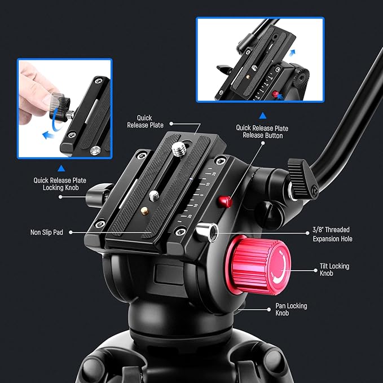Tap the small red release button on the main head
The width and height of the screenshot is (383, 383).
[x=226, y=201]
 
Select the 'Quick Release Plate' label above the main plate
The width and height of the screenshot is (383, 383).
[x=146, y=121]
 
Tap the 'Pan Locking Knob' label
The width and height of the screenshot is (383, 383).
[x=291, y=309]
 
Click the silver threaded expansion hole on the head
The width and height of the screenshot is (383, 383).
[x=207, y=231]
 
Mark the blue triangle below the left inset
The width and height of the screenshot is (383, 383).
[x=61, y=168]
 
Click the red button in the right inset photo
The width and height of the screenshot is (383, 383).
[x=276, y=94]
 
